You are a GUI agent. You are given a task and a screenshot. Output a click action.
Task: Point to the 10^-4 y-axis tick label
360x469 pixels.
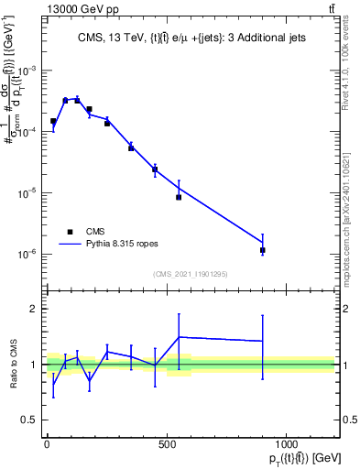(x=28, y=132)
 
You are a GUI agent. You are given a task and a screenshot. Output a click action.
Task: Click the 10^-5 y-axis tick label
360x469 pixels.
(x=28, y=193)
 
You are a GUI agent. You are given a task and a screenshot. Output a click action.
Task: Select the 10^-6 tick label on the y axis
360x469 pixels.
(x=28, y=254)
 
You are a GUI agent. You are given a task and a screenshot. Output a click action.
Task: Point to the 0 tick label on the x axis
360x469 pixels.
(x=47, y=443)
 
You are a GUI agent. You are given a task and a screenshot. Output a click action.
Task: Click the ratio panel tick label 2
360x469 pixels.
(x=34, y=309)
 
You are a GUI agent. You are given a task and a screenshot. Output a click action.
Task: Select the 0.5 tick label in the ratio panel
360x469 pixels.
(x=30, y=420)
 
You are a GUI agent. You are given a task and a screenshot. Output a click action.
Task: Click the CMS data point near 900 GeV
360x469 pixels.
(x=263, y=250)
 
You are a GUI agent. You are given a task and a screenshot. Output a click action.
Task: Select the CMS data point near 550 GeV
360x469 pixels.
(x=179, y=197)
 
